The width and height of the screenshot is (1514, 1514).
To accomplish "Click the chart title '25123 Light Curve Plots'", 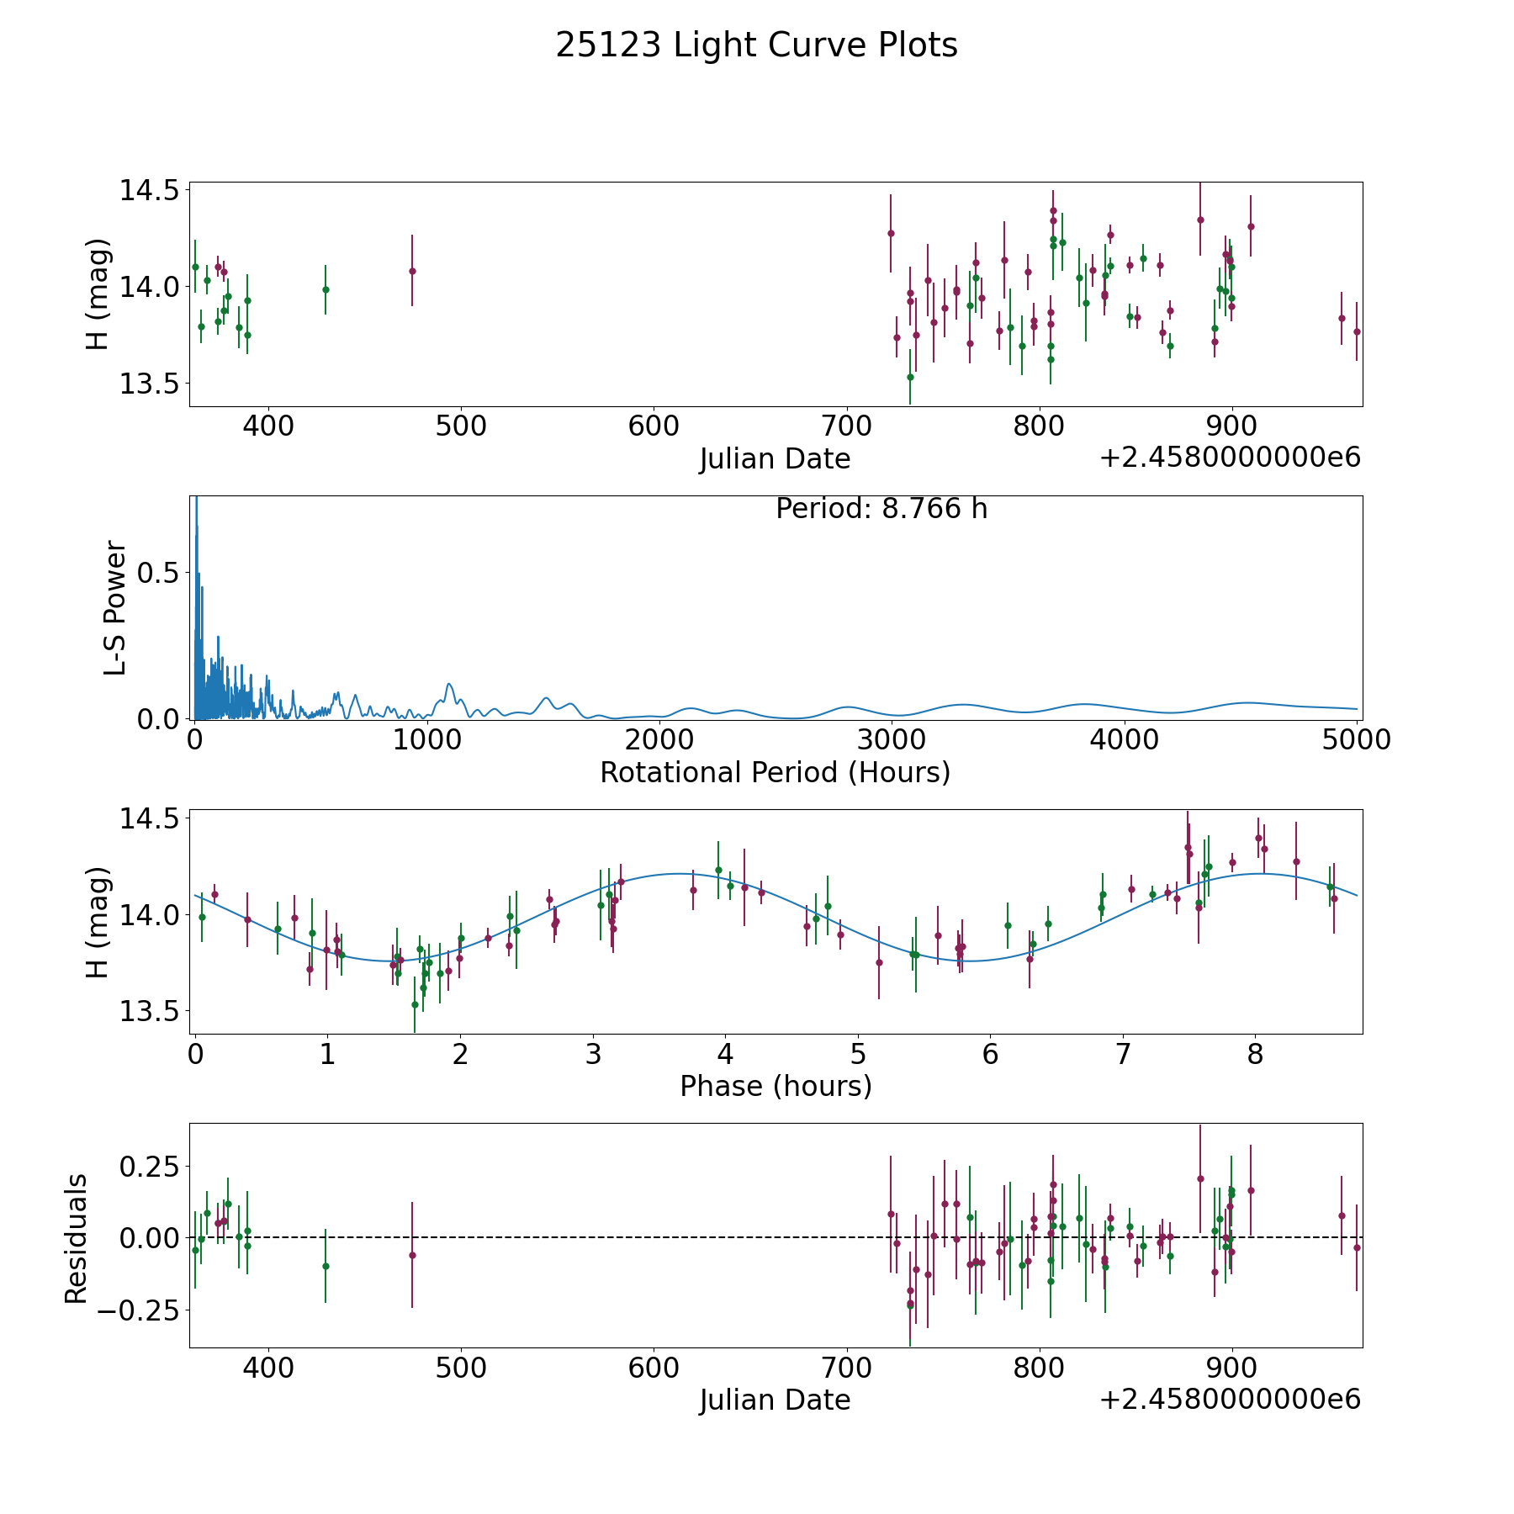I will click(756, 45).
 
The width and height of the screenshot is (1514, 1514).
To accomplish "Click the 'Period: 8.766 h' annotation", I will click(881, 509).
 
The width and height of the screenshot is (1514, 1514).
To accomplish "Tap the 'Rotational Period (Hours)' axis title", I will click(775, 772).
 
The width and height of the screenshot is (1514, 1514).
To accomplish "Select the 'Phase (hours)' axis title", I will click(775, 1086).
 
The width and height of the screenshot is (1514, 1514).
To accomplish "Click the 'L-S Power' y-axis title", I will click(115, 607).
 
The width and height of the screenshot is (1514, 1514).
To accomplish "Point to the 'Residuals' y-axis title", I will click(77, 1238).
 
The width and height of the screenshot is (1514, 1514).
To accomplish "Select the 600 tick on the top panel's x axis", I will click(654, 426).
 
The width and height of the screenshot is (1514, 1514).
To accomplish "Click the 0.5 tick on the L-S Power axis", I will click(159, 573).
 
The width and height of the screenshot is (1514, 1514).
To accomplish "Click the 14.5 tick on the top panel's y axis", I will click(149, 191).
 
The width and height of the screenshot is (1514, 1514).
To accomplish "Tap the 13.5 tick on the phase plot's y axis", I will click(149, 1011).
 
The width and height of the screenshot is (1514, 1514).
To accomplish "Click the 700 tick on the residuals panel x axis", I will click(846, 1368).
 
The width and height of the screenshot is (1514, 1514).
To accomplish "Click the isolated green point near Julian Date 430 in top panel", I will click(326, 289).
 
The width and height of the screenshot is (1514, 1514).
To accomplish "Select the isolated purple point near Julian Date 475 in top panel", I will click(412, 271).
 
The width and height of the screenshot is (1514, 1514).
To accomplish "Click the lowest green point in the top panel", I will click(910, 377).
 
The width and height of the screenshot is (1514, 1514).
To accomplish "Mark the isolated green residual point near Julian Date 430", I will click(326, 1266).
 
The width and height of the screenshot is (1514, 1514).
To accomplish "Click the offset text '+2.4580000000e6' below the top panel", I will click(1229, 458).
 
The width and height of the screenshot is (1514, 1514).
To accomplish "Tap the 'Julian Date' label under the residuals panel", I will click(775, 1400).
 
